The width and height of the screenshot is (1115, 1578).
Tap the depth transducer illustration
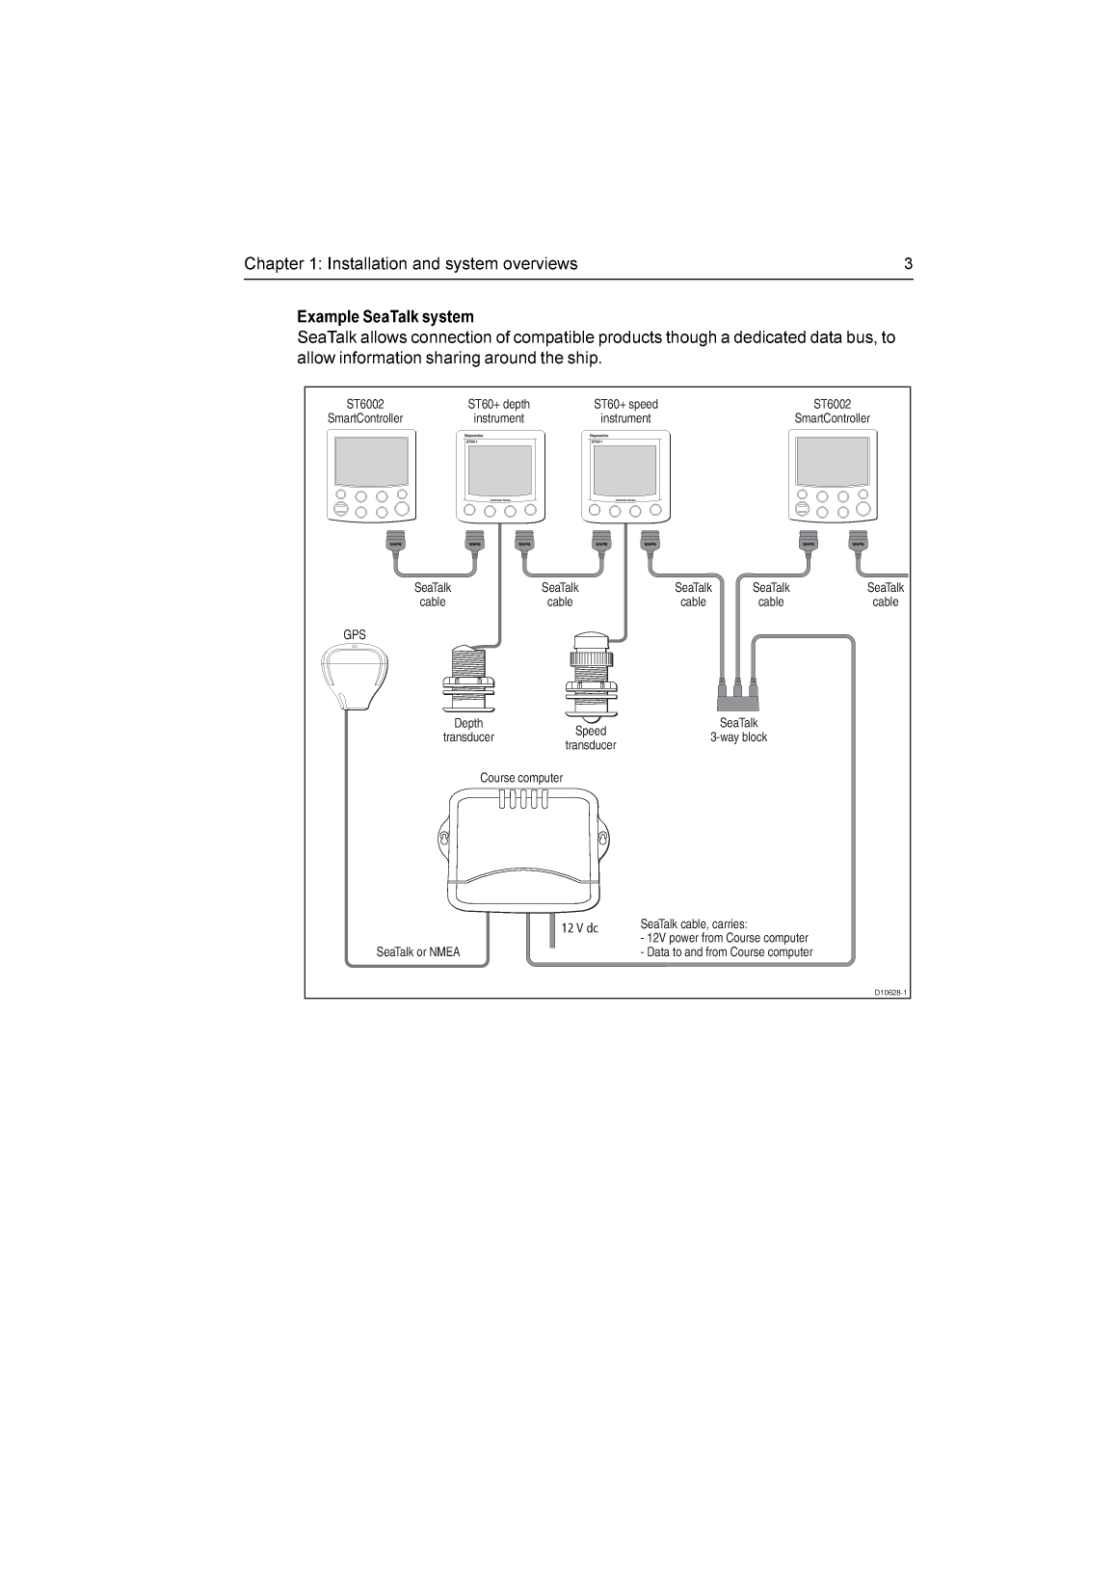468,680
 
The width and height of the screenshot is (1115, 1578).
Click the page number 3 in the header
908,264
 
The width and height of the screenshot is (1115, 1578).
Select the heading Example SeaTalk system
385,317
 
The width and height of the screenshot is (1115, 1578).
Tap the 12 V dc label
580,928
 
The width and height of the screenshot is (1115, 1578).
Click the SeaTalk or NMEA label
418,952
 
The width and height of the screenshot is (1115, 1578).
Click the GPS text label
355,634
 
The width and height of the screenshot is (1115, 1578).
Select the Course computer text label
521,778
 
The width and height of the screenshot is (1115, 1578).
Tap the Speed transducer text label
591,738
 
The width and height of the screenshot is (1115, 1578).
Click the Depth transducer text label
468,731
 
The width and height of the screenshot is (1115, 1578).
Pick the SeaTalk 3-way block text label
738,731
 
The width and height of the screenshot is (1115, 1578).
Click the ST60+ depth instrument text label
498,412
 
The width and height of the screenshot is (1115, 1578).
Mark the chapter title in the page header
411,264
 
